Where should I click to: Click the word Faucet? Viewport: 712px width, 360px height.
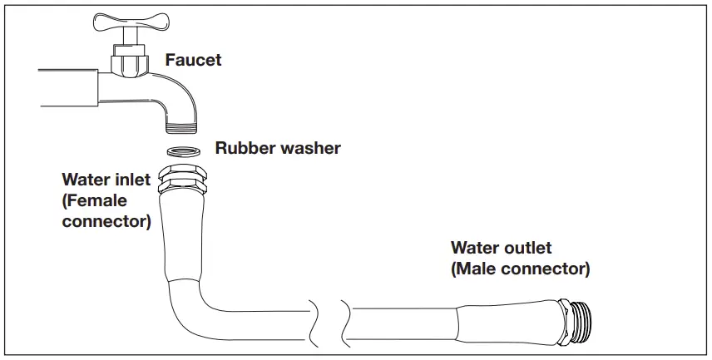(193, 60)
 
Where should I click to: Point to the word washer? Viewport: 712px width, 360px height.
(309, 149)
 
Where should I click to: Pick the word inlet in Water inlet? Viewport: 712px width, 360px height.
(133, 180)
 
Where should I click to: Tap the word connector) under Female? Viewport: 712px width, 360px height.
(106, 221)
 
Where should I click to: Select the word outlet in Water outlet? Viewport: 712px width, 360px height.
(529, 248)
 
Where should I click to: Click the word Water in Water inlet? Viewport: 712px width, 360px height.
(85, 180)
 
